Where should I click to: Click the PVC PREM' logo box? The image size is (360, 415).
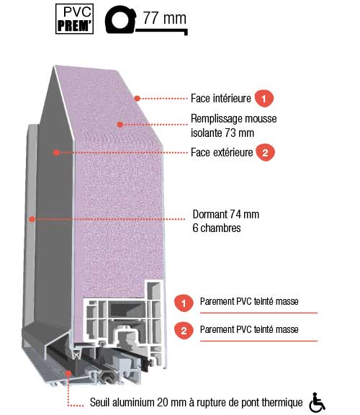(x=74, y=19)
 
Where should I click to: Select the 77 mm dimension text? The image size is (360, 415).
(x=165, y=18)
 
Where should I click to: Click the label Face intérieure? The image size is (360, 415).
(x=221, y=99)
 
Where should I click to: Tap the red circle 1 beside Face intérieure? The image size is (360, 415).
(x=264, y=99)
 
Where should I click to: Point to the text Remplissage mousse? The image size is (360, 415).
(x=234, y=119)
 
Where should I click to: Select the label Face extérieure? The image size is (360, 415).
(x=222, y=153)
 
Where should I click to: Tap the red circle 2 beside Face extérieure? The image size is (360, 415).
(x=265, y=153)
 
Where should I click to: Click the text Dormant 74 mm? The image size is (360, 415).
(x=226, y=215)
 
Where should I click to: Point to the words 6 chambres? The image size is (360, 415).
(x=217, y=228)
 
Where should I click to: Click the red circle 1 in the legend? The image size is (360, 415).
(x=184, y=303)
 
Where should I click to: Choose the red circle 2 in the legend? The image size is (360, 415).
(x=184, y=331)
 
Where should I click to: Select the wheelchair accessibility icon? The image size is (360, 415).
(x=318, y=402)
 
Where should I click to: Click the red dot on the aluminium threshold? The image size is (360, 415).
(x=68, y=374)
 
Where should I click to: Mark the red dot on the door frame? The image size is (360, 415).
(x=32, y=219)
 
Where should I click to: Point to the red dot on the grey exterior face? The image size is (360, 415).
(x=56, y=153)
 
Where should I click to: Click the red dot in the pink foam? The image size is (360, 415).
(x=120, y=124)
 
